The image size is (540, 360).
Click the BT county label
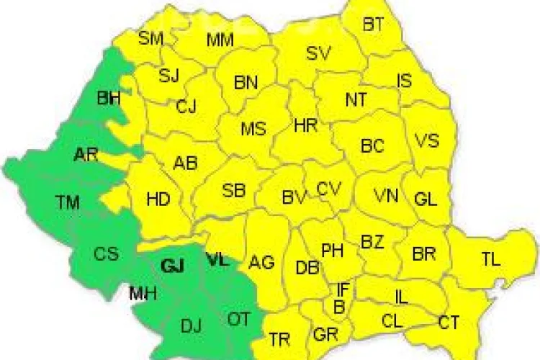tap(373, 25)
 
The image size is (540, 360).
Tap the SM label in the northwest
tap(150, 39)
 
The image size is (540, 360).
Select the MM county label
tap(220, 40)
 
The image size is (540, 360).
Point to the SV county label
tap(318, 53)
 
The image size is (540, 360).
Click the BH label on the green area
tap(109, 99)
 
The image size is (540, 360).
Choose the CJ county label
tap(186, 107)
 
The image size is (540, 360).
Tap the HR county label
tap(306, 125)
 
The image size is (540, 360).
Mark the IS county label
tap(405, 81)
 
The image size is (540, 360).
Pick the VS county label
tap(427, 140)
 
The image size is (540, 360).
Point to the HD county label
tap(158, 199)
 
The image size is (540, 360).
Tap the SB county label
tap(233, 191)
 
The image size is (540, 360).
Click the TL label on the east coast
tap(490, 261)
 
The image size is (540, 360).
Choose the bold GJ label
tap(173, 266)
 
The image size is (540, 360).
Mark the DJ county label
tap(191, 328)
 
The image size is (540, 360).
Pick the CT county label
tap(449, 322)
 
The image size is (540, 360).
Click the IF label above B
tap(343, 290)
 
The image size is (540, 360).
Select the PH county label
tap(332, 251)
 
